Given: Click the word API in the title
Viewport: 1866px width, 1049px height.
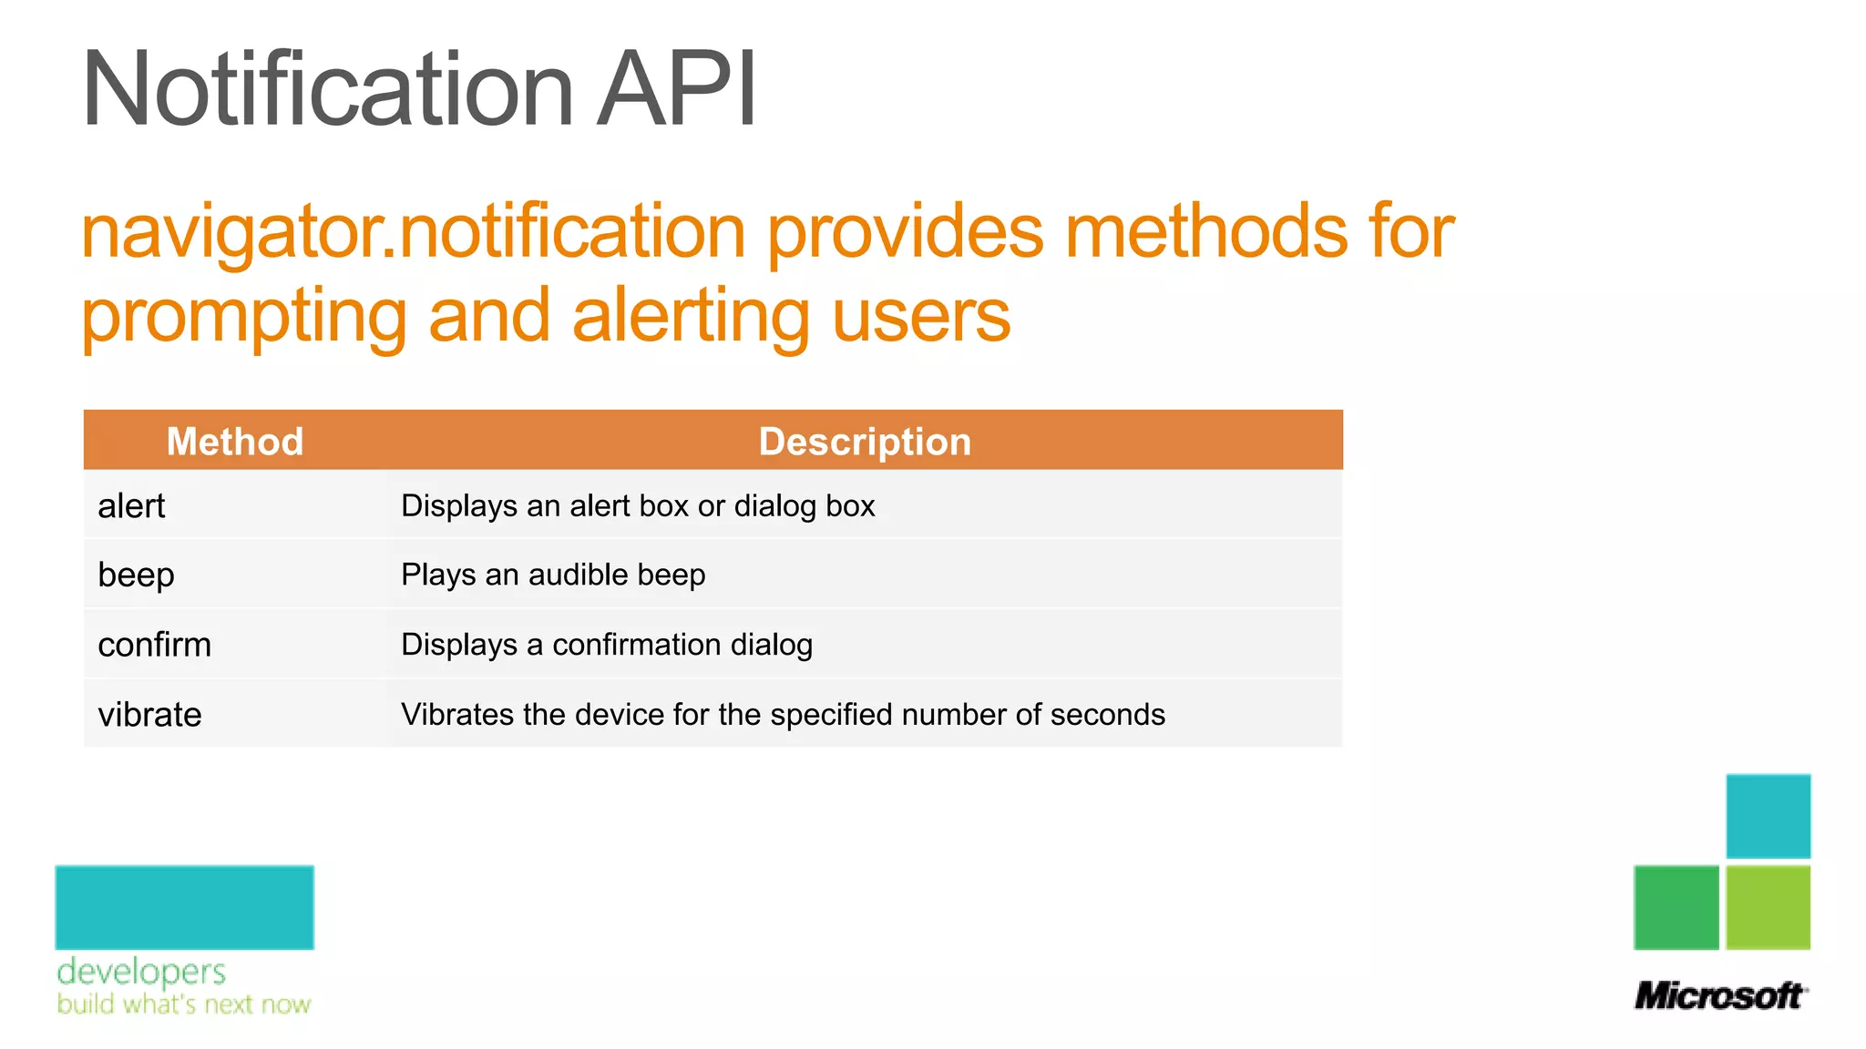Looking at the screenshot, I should click(x=676, y=89).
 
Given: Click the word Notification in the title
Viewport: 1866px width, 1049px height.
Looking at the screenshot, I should click(x=327, y=89).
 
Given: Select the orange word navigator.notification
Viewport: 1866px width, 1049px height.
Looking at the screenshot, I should click(x=414, y=232).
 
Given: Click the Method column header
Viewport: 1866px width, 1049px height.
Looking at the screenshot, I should click(x=235, y=442).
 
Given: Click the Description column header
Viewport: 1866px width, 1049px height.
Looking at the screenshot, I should click(x=865, y=442).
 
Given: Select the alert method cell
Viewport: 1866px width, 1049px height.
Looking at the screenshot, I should click(x=132, y=506).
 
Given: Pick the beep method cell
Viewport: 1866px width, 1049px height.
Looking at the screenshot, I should click(x=137, y=575).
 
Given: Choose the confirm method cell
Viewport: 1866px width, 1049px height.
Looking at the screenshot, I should click(x=155, y=645).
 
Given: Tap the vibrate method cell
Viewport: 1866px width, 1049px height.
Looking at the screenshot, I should click(x=150, y=715).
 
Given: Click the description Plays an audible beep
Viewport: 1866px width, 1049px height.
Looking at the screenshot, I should click(x=553, y=575).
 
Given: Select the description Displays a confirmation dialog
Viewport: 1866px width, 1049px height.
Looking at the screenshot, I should click(x=607, y=645).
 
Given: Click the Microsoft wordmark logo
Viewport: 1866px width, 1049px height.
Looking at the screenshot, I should click(x=1720, y=995).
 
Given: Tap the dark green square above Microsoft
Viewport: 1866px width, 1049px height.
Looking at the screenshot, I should click(x=1676, y=908).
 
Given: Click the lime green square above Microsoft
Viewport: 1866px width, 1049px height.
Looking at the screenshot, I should click(x=1768, y=908).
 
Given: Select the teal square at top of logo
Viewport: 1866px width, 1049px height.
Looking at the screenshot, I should click(x=1768, y=816).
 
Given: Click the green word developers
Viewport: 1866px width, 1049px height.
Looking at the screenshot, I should click(x=141, y=972).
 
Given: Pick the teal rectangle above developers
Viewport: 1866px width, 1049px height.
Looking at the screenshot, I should click(x=184, y=908).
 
